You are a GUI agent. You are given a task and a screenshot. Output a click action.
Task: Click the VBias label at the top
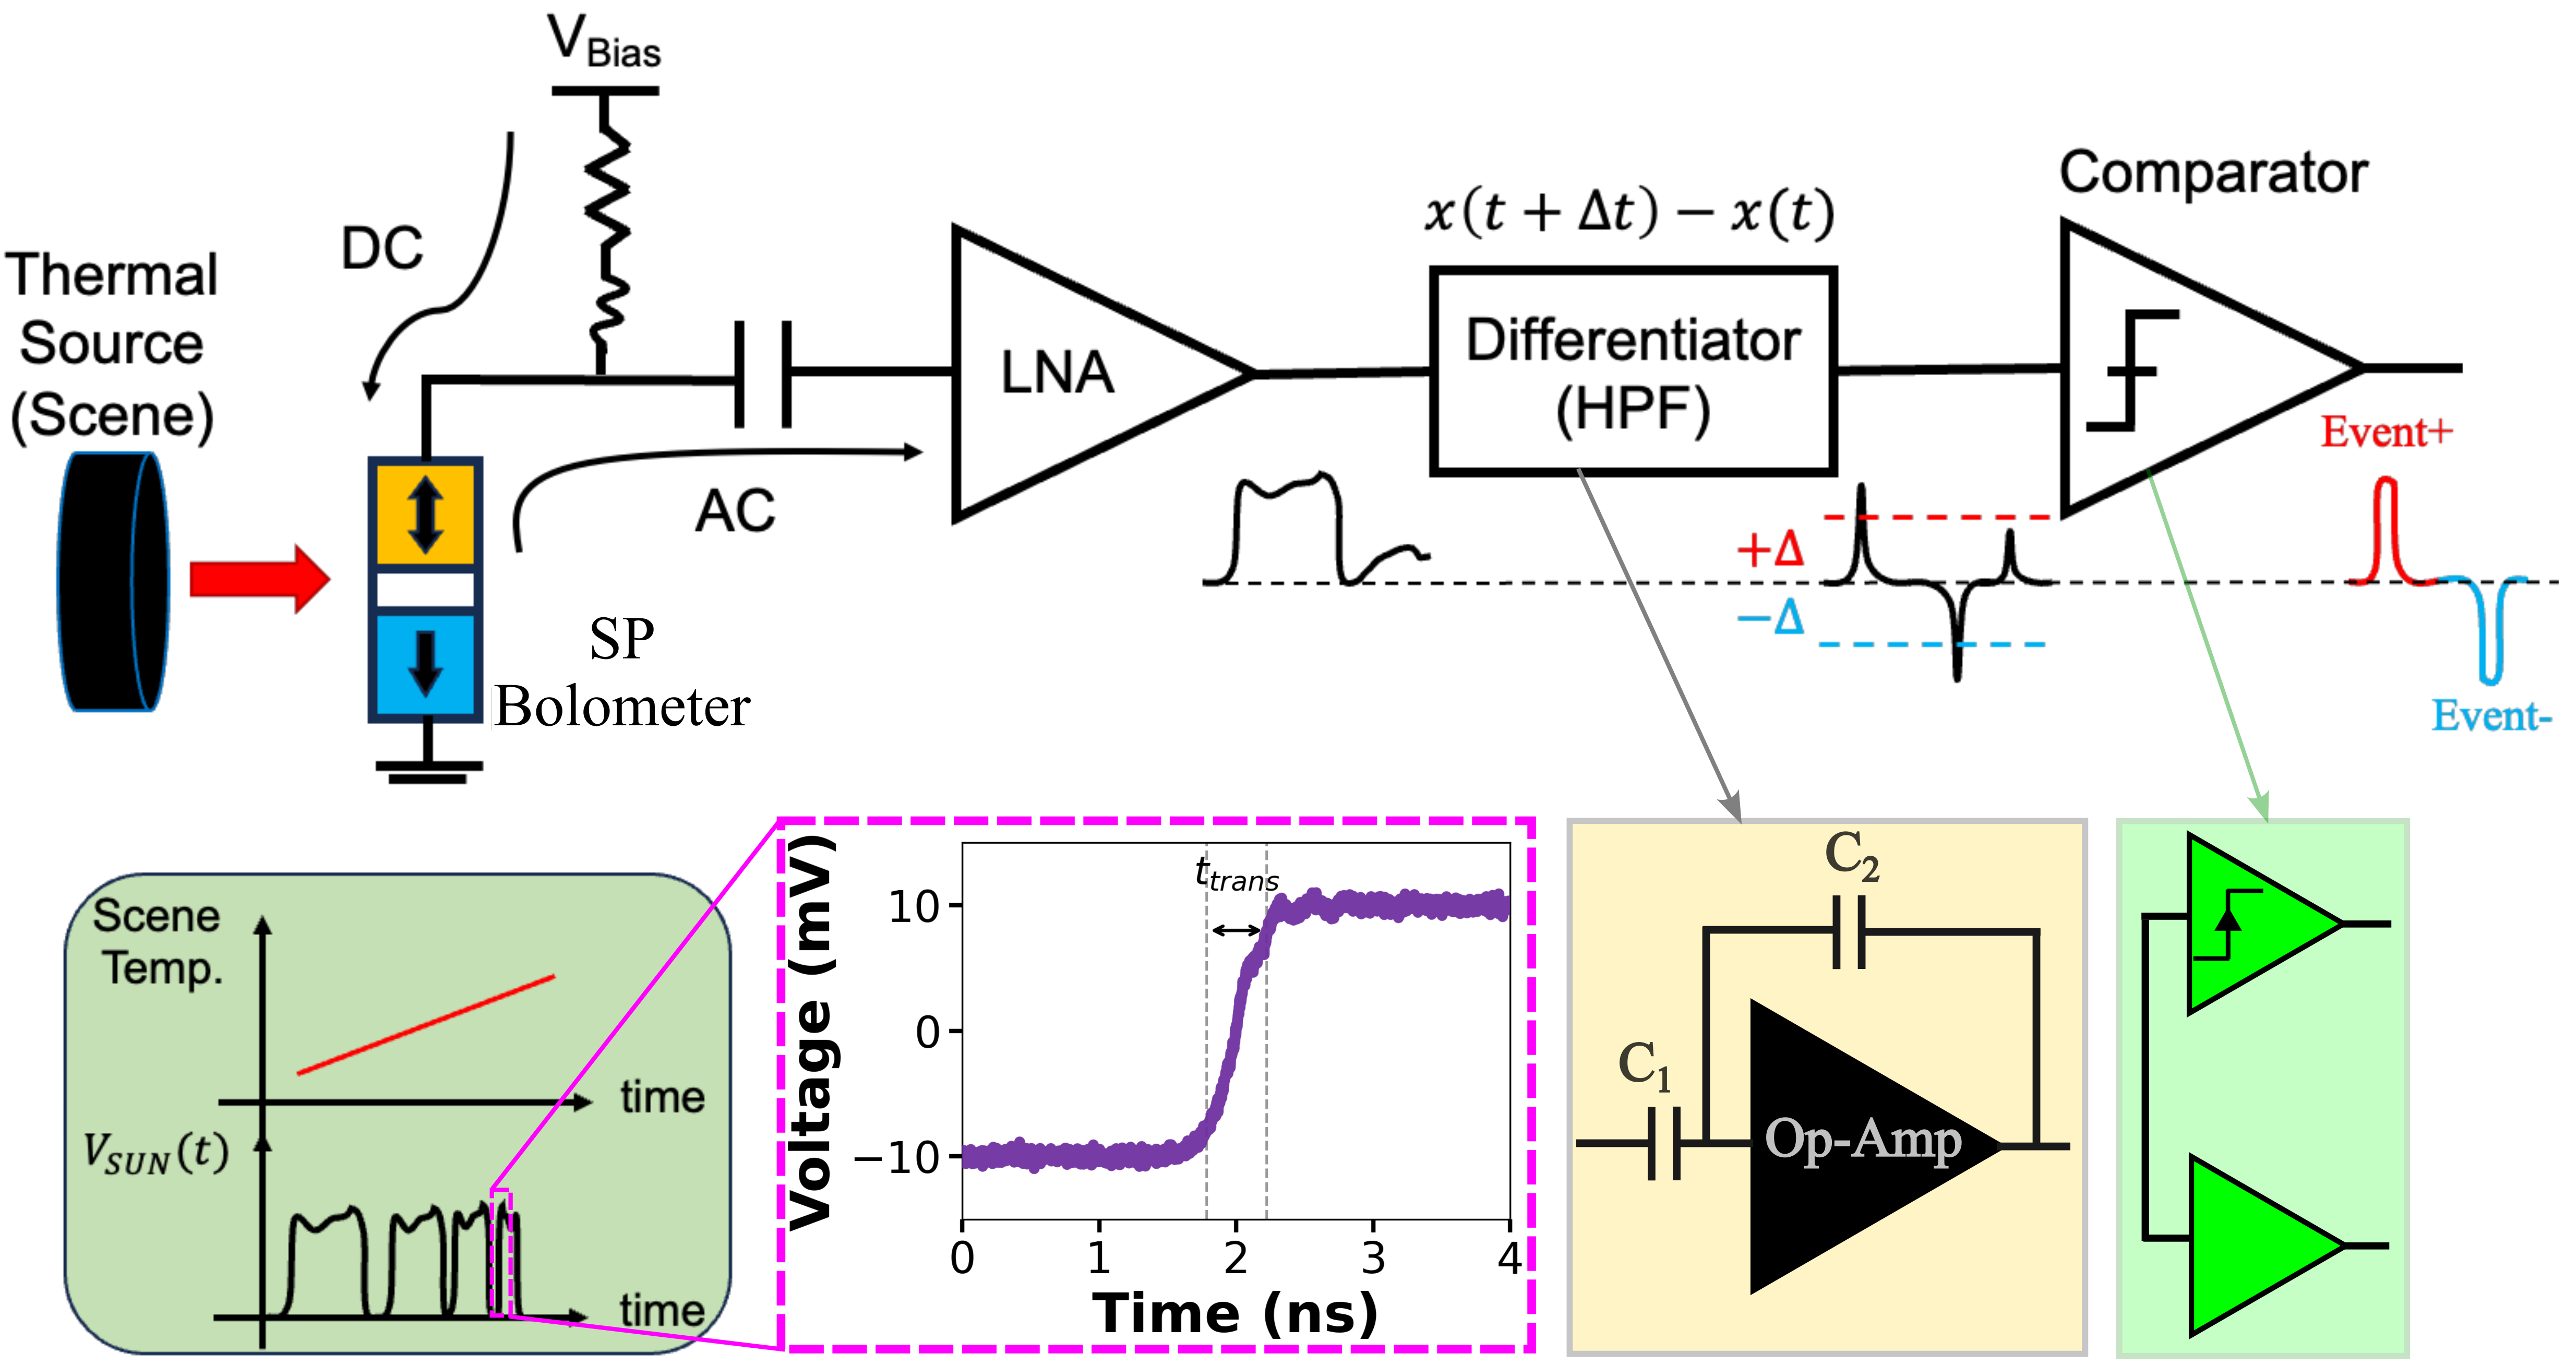pos(604,42)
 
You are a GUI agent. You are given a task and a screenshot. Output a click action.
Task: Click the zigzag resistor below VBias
pos(606,229)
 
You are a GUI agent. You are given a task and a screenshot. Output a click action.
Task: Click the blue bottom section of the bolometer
pos(425,663)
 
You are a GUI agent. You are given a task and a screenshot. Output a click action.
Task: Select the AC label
pos(734,511)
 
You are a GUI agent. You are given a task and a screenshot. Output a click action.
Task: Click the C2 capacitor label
pos(1851,855)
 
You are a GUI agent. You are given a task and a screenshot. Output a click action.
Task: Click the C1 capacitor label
pos(1644,1064)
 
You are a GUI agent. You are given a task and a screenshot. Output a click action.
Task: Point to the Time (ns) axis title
pos(1235,1313)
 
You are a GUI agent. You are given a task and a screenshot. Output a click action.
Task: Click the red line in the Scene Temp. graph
pos(425,1024)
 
